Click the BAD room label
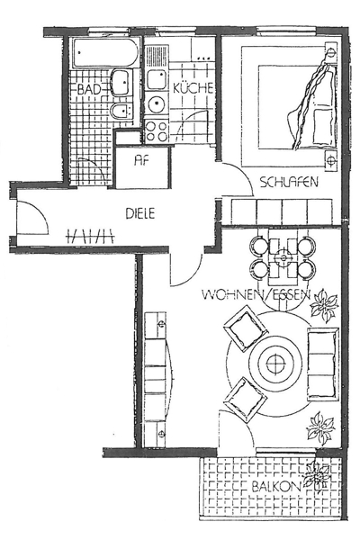click(89, 89)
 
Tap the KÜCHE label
click(193, 88)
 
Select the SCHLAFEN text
click(289, 182)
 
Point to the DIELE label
click(139, 213)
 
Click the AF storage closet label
click(142, 160)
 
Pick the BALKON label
click(276, 487)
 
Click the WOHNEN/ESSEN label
click(256, 294)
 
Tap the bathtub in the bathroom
click(104, 53)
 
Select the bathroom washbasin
click(121, 83)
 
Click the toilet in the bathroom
click(121, 111)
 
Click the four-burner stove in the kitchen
click(157, 131)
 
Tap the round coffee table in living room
click(275, 364)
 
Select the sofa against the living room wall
click(322, 364)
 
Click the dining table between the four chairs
click(283, 258)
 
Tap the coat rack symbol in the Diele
click(90, 236)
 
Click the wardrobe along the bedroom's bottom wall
click(282, 211)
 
